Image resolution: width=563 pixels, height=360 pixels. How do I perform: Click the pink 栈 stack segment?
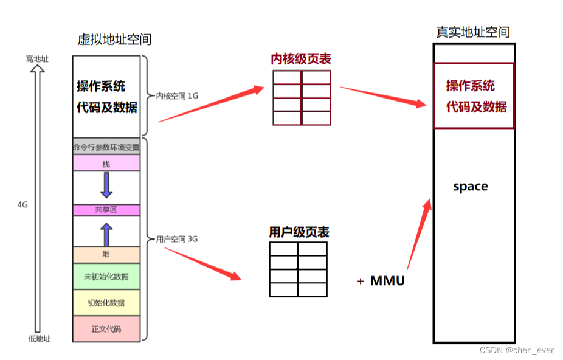pos(106,163)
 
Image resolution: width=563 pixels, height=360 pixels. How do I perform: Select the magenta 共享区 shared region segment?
pos(106,210)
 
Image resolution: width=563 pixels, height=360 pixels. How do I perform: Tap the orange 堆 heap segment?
pos(106,255)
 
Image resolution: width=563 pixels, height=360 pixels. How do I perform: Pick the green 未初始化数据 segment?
pos(106,277)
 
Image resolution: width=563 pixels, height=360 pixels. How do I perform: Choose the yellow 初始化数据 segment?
pos(106,303)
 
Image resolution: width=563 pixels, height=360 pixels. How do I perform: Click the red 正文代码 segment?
pos(106,329)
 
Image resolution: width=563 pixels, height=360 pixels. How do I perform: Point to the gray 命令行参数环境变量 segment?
pos(106,147)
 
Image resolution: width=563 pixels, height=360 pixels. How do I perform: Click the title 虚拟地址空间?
pos(114,40)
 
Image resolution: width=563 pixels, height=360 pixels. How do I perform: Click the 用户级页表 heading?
pos(299,232)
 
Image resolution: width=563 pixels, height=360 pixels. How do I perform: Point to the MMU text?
pos(387,280)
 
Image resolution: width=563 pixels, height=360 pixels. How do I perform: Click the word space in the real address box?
pos(470,187)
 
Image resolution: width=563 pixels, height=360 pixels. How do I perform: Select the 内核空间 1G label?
pos(177,96)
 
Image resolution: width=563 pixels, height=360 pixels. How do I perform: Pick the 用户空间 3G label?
pos(177,239)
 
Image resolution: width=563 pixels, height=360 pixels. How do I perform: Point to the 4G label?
pos(22,205)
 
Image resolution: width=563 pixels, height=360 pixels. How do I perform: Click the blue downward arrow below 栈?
pos(106,185)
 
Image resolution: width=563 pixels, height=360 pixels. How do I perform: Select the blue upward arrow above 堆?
pos(106,234)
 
